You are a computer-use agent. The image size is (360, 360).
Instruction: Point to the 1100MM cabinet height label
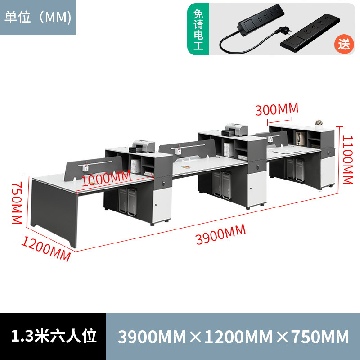coord(347,160)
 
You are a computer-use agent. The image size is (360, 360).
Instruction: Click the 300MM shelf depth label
coord(277,109)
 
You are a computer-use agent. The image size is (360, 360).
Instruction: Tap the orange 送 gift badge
coord(344,44)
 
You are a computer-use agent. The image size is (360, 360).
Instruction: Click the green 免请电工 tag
coord(198,29)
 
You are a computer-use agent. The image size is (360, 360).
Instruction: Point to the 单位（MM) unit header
coord(38,17)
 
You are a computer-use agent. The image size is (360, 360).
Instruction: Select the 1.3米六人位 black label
coord(53,337)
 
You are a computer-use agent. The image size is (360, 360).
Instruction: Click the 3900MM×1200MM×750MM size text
coord(233,337)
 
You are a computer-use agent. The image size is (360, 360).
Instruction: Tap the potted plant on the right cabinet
coord(319,123)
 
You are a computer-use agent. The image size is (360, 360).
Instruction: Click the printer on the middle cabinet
coord(235,129)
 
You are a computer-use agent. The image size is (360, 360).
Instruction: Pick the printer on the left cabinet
coord(143,146)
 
